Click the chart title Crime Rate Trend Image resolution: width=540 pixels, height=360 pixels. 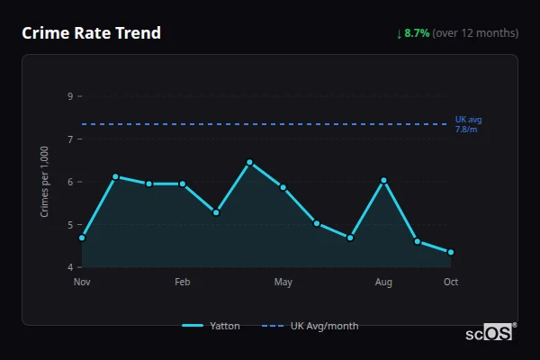pyautogui.click(x=91, y=33)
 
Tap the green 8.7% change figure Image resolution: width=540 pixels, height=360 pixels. pyautogui.click(x=417, y=33)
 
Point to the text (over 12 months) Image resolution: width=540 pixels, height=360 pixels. pyautogui.click(x=475, y=33)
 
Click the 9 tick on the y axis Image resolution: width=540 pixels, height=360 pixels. pyautogui.click(x=70, y=96)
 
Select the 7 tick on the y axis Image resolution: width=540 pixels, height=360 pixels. pyautogui.click(x=70, y=139)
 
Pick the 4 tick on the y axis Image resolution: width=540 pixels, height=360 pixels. pyautogui.click(x=70, y=267)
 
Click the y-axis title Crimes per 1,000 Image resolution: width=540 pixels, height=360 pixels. pyautogui.click(x=44, y=183)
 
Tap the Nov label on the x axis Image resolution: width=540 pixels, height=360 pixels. pyautogui.click(x=82, y=283)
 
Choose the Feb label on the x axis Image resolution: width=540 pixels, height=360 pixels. pyautogui.click(x=183, y=283)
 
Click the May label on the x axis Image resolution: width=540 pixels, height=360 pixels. pyautogui.click(x=283, y=283)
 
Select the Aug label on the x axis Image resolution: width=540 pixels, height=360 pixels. pyautogui.click(x=383, y=283)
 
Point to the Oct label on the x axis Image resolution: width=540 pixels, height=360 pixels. pyautogui.click(x=451, y=283)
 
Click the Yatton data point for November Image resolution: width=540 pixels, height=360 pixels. pyautogui.click(x=82, y=238)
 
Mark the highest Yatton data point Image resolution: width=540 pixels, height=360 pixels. pyautogui.click(x=249, y=163)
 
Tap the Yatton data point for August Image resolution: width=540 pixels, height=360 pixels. pyautogui.click(x=383, y=180)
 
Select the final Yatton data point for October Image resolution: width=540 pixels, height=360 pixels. pyautogui.click(x=451, y=252)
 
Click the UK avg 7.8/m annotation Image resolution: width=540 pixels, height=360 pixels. pyautogui.click(x=468, y=124)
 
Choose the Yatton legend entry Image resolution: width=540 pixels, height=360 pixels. pyautogui.click(x=211, y=326)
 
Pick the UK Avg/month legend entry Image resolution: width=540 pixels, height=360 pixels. pyautogui.click(x=310, y=326)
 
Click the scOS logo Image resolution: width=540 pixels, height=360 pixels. pyautogui.click(x=490, y=332)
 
